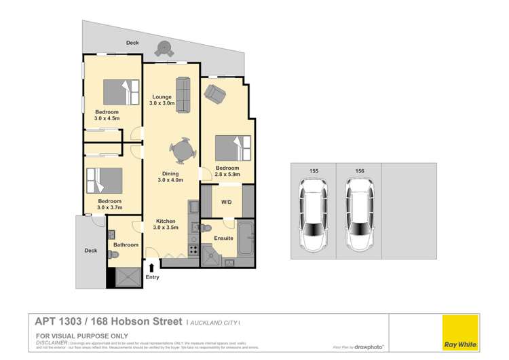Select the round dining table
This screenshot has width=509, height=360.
pyautogui.click(x=182, y=151)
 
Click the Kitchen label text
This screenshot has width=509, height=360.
pyautogui.click(x=167, y=221)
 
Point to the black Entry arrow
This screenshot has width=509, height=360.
pyautogui.click(x=151, y=269)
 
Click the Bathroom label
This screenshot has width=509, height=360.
pyautogui.click(x=126, y=245)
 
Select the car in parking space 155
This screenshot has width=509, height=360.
pyautogui.click(x=313, y=215)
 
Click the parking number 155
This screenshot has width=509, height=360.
pyautogui.click(x=313, y=171)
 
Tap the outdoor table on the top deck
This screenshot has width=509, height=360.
pyautogui.click(x=164, y=48)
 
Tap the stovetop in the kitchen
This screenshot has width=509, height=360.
pyautogui.click(x=193, y=250)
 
